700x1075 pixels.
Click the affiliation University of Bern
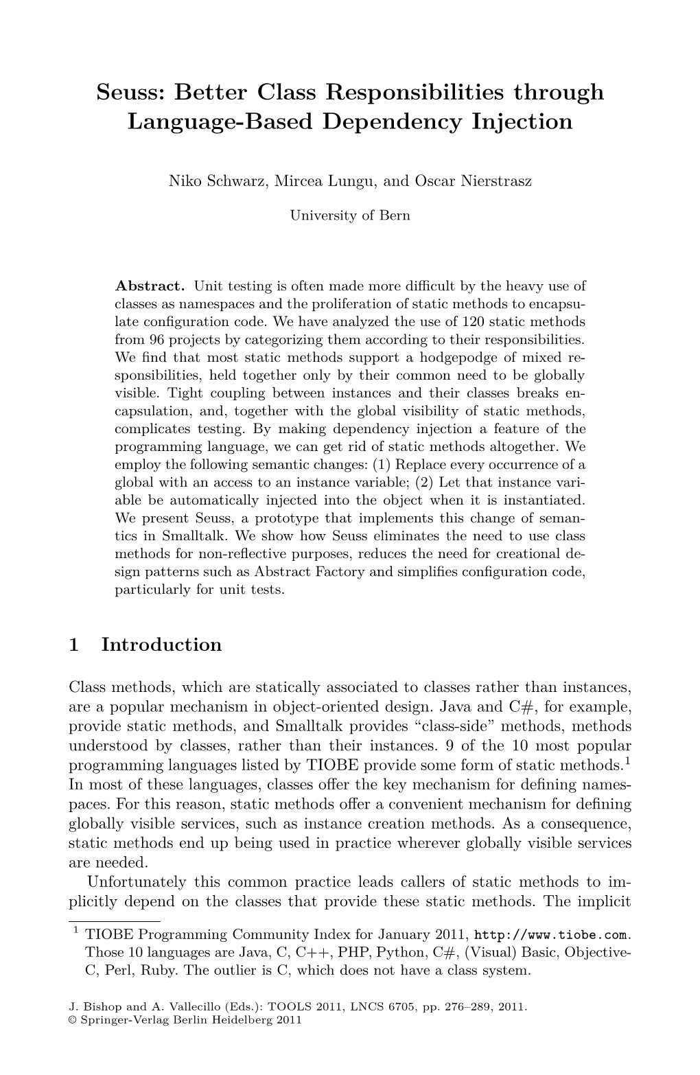(350, 216)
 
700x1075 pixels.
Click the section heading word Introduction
(162, 645)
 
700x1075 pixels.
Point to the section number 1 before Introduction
(75, 645)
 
